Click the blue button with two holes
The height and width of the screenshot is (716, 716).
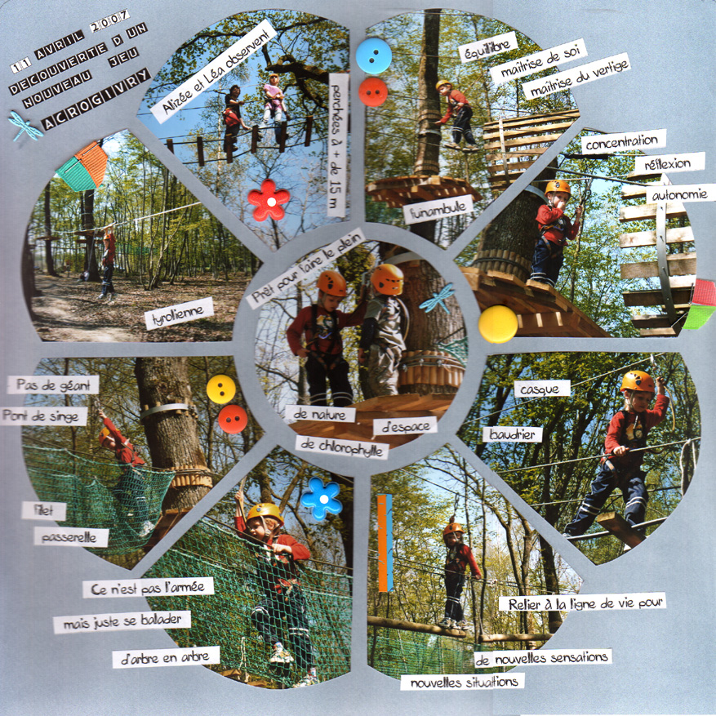pos(374,56)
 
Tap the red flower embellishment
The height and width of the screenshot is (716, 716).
pos(269,200)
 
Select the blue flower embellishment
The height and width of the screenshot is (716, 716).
pos(322,499)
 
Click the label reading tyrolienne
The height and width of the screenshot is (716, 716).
pos(179,314)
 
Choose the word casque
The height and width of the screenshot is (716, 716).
pos(542,389)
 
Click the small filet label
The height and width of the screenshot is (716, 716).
pos(44,510)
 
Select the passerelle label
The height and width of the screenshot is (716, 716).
pos(71,537)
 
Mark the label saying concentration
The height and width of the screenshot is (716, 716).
pos(623,142)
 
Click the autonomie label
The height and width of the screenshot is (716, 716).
pos(680,194)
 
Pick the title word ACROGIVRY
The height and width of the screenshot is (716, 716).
pos(96,99)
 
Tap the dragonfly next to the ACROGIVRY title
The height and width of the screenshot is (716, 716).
pos(25,126)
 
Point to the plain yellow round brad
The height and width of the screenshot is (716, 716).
pos(498,324)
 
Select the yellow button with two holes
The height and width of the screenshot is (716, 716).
pos(221,389)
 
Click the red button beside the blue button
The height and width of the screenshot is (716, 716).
pos(373,91)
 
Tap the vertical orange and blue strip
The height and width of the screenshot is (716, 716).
pos(385,542)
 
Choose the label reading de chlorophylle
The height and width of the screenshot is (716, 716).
pos(342,447)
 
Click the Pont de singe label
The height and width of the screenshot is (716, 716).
pos(44,416)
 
